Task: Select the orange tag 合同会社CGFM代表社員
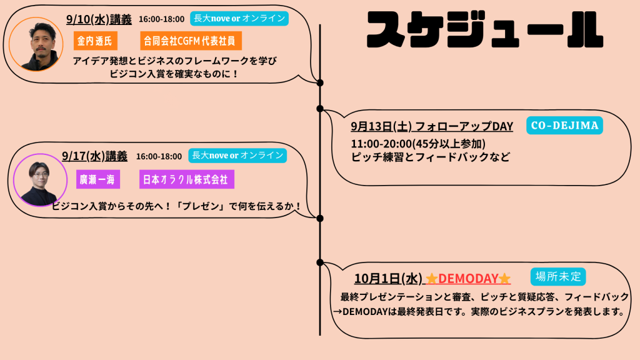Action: (191, 41)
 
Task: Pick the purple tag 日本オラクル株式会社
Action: (187, 180)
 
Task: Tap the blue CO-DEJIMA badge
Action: (564, 126)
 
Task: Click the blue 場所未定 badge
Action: (558, 276)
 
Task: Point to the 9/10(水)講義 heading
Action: (99, 19)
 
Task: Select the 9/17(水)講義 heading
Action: (95, 156)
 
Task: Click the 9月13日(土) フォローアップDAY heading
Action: (432, 126)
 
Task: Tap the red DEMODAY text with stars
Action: (468, 278)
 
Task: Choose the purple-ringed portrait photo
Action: (39, 181)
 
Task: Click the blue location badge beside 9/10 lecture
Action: (239, 19)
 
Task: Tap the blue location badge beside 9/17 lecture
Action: (237, 156)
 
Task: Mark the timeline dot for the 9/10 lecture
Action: (320, 82)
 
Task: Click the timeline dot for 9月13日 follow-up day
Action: (320, 109)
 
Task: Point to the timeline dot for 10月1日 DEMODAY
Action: (320, 262)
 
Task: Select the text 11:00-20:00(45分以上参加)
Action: (418, 144)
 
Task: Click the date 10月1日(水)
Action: (388, 278)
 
